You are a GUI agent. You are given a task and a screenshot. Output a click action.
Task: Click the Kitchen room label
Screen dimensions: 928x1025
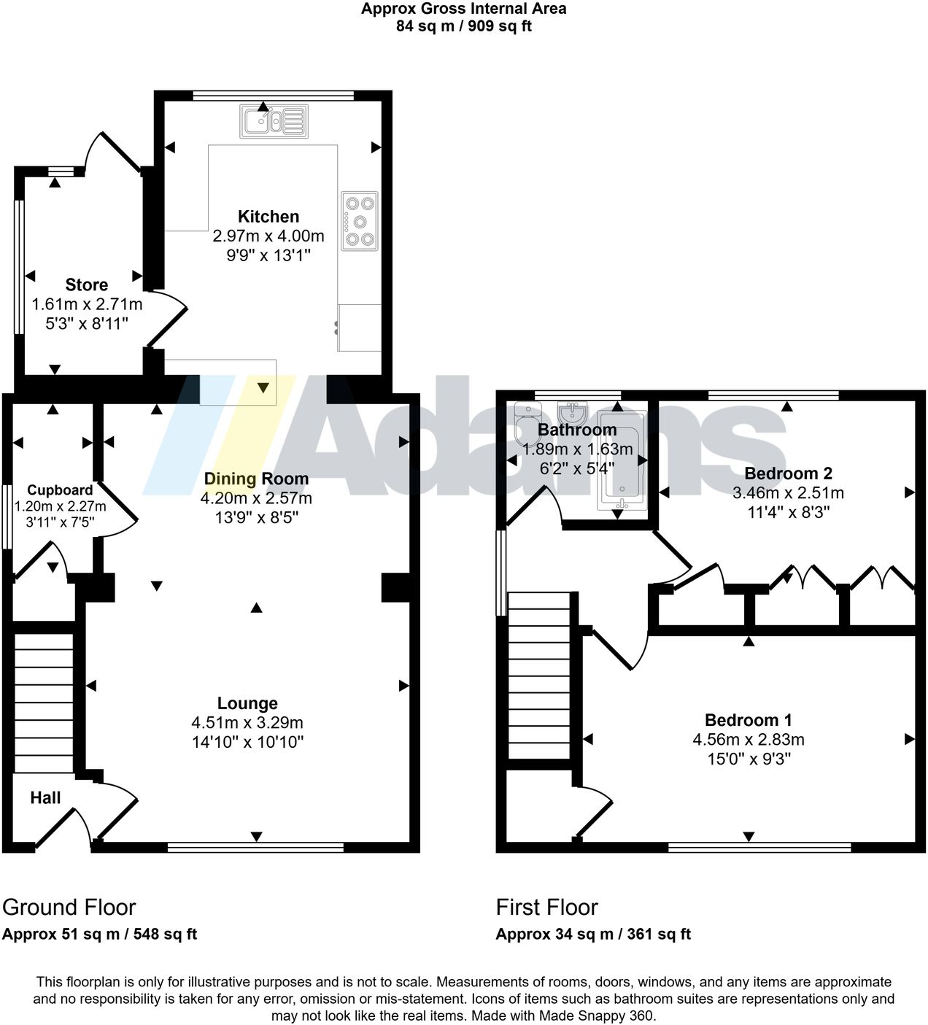click(268, 217)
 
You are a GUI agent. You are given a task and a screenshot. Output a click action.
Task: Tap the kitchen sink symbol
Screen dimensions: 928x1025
click(274, 121)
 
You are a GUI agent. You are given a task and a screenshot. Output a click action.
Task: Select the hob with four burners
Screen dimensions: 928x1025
click(360, 221)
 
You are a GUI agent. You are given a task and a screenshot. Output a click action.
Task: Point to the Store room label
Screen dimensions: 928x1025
click(87, 285)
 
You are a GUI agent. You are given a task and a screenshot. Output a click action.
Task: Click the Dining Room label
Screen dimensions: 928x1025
click(256, 479)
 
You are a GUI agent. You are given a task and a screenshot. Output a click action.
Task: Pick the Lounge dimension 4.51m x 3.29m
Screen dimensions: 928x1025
click(247, 723)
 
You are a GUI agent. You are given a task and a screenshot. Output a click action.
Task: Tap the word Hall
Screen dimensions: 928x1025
click(45, 798)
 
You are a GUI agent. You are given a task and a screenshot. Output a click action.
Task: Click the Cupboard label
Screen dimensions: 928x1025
click(60, 490)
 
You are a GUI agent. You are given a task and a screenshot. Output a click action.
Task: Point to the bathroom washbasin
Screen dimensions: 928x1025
click(573, 412)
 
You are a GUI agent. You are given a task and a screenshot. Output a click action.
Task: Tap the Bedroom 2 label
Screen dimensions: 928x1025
click(788, 474)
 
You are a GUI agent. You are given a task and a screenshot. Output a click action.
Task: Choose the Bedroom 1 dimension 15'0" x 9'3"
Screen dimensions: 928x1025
click(749, 759)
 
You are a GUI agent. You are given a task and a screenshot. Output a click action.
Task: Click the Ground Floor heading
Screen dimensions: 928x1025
click(69, 908)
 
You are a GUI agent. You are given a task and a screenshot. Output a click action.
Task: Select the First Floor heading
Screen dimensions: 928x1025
click(547, 908)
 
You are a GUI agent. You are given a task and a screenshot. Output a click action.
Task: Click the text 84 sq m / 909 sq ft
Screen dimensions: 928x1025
click(464, 26)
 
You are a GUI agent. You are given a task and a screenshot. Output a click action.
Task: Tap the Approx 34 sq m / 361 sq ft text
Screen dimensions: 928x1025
click(593, 935)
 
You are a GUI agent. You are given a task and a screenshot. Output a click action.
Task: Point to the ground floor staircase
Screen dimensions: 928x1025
click(45, 703)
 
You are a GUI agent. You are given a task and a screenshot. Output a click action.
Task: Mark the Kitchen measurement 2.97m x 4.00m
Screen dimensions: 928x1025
click(268, 236)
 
